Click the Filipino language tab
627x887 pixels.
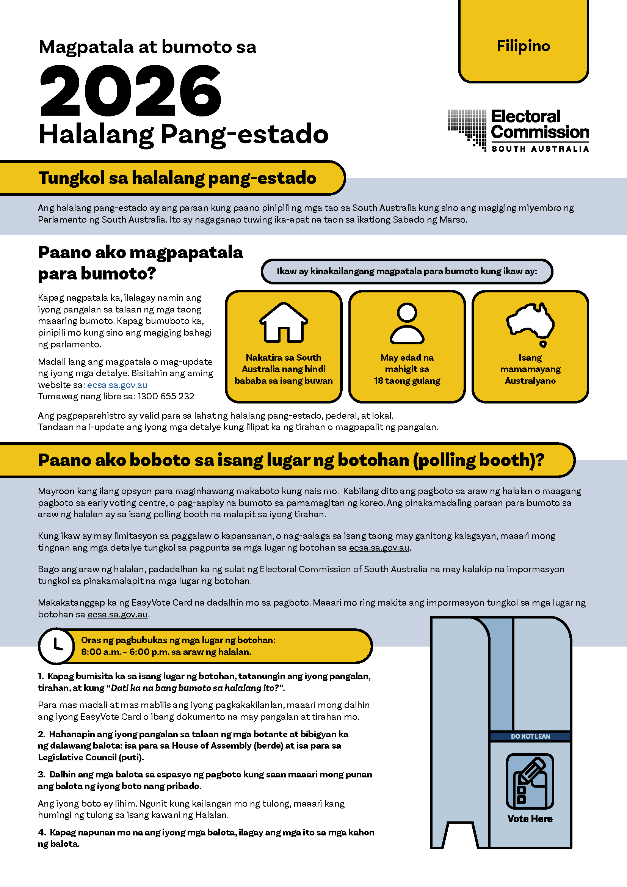[523, 46]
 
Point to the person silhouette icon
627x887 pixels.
[407, 323]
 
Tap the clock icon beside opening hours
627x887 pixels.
[57, 646]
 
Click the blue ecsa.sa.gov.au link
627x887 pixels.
[118, 385]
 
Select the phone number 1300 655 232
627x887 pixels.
[166, 396]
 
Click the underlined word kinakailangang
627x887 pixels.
[342, 271]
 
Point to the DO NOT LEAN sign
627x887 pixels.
[530, 736]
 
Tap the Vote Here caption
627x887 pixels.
[530, 819]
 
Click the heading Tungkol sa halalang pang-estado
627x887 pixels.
[177, 178]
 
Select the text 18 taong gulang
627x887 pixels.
[407, 381]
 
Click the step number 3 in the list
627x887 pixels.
[41, 775]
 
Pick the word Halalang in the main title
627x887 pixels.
[96, 135]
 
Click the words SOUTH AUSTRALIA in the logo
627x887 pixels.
[540, 149]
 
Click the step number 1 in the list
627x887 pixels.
[41, 676]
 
